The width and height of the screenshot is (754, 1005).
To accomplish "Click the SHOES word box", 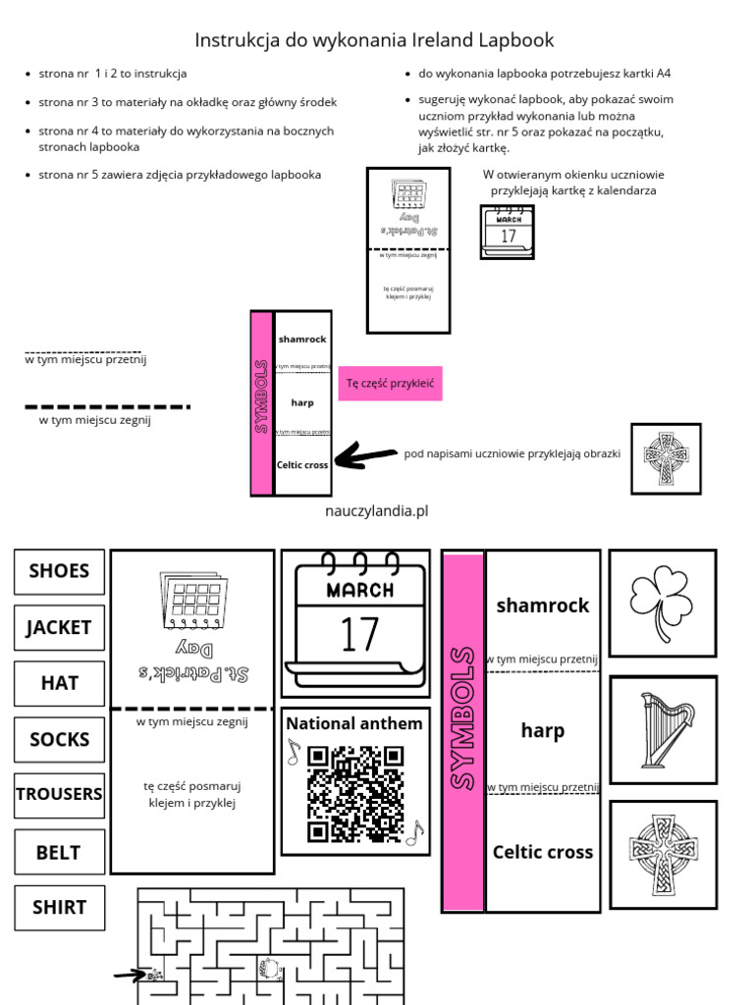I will [59, 571].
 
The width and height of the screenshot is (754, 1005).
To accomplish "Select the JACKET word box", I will [59, 627].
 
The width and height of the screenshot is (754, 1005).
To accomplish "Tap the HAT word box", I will [59, 683].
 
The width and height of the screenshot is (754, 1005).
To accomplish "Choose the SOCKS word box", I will [59, 739].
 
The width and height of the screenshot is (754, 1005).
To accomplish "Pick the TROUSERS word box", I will [59, 794].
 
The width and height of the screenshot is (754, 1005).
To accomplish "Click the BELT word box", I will [59, 852].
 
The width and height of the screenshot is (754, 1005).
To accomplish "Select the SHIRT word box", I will [59, 908].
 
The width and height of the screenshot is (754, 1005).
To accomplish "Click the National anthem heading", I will [354, 724].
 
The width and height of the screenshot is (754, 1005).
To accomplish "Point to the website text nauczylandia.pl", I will [376, 511].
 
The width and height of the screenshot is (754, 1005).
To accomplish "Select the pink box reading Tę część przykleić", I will [390, 383].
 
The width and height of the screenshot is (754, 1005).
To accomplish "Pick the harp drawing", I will [663, 729].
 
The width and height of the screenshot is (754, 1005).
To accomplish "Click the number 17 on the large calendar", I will [358, 634].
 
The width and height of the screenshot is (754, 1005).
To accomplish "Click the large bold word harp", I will [543, 731].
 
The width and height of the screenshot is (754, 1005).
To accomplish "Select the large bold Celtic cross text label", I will [543, 852].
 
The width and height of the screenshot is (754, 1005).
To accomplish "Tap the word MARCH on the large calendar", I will [359, 590].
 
